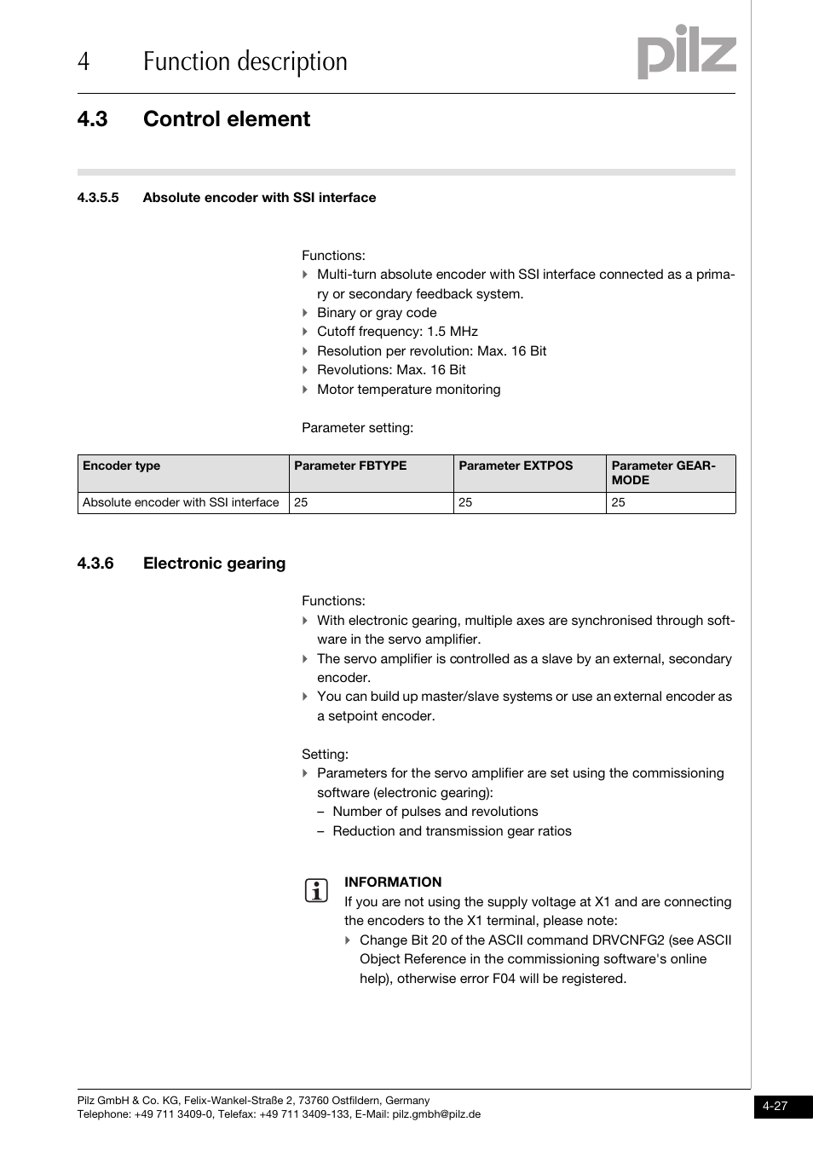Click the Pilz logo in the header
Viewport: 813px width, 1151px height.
click(x=686, y=53)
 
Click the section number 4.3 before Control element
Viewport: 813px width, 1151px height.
click(x=92, y=119)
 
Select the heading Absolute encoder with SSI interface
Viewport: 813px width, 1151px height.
click(x=259, y=198)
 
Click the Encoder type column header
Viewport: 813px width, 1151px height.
click(x=122, y=466)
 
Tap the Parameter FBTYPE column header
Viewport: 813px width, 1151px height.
click(x=350, y=466)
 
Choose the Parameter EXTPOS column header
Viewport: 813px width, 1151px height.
click(x=516, y=466)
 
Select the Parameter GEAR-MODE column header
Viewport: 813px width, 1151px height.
click(x=663, y=472)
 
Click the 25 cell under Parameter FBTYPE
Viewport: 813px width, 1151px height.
click(x=302, y=503)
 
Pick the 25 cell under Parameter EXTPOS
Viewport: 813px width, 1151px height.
click(x=465, y=503)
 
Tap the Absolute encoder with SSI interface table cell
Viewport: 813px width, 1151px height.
click(x=181, y=503)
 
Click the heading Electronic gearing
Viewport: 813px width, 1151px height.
click(x=214, y=564)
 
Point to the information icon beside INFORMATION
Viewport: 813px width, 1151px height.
click(x=316, y=891)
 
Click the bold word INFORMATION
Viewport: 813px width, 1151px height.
click(x=393, y=882)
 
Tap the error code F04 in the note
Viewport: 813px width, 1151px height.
click(x=504, y=979)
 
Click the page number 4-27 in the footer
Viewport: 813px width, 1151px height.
click(x=775, y=1107)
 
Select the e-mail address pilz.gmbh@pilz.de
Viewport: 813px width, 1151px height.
click(x=436, y=1114)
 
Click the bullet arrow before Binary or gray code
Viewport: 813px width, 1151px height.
click(x=305, y=313)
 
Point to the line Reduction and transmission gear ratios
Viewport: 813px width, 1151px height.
click(x=452, y=831)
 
